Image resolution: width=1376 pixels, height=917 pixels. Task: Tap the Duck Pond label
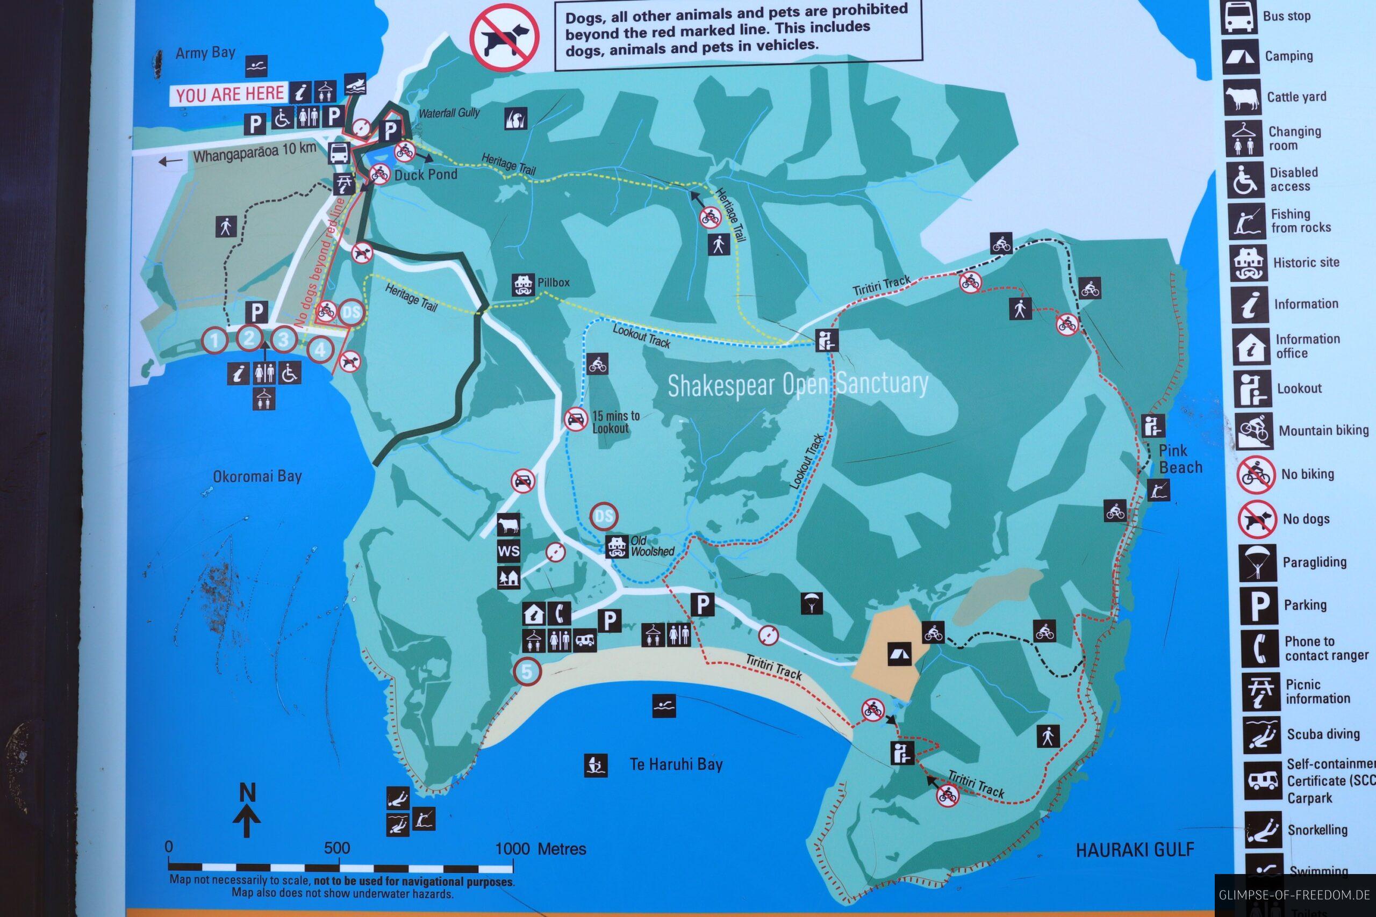tap(425, 174)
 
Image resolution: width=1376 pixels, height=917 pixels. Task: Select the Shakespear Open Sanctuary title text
tap(798, 384)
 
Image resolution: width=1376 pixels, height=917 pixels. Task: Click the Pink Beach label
tap(1180, 459)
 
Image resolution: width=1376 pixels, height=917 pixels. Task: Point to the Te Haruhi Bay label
tap(676, 764)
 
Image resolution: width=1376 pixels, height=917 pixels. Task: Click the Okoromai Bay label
tap(257, 476)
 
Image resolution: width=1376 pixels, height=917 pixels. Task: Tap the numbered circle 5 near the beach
tap(527, 671)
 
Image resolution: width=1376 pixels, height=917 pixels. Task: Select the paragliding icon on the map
tap(811, 603)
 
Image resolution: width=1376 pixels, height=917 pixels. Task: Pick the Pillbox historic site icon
tap(523, 285)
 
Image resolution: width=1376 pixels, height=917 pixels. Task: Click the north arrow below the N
tap(247, 820)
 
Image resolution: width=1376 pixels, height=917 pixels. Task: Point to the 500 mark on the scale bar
tap(336, 848)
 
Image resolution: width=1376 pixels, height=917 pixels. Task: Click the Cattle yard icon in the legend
tap(1242, 98)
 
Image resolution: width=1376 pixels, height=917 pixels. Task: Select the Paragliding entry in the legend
tap(1314, 562)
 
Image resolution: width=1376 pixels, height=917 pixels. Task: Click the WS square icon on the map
tap(508, 551)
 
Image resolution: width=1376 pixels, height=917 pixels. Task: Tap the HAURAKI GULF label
tap(1134, 849)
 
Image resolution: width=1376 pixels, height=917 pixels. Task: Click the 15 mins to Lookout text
tap(615, 421)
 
